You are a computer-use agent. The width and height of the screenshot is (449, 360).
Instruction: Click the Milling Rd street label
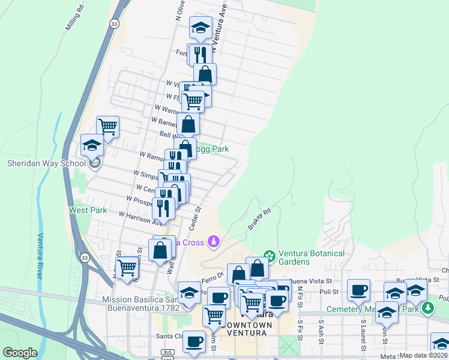[75, 22]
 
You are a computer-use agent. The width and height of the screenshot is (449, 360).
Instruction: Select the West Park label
[88, 210]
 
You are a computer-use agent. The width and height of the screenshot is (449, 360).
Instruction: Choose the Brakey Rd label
[260, 220]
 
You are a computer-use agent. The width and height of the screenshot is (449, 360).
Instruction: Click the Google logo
[20, 353]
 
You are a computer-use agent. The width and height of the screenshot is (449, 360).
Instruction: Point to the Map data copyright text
[423, 355]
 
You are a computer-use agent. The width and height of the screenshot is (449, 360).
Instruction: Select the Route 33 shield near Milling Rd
[113, 23]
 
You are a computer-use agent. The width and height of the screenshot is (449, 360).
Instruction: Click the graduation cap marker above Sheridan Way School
[92, 145]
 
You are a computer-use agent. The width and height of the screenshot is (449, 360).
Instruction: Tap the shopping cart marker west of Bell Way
[107, 127]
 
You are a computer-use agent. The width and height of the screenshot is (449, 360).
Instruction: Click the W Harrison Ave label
[141, 218]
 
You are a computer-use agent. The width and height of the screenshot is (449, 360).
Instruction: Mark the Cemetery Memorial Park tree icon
[427, 308]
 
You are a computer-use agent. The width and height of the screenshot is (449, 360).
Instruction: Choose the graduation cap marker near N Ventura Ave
[200, 28]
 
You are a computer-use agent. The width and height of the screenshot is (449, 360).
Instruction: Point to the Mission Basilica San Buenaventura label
[141, 304]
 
